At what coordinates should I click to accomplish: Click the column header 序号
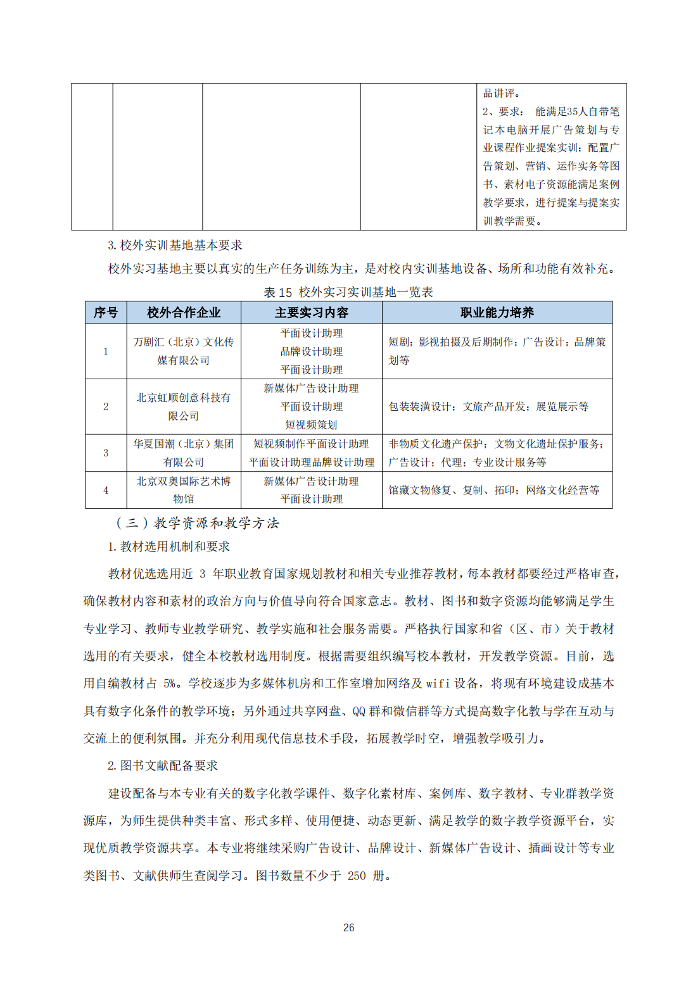click(106, 313)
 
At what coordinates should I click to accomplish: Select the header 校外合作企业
click(184, 313)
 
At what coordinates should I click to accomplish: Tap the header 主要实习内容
click(311, 313)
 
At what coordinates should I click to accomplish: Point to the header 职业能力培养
click(497, 313)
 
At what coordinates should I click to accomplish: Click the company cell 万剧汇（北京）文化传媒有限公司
click(184, 351)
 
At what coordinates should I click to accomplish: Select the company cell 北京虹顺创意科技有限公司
click(184, 406)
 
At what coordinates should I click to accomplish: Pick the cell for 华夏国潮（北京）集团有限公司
click(184, 453)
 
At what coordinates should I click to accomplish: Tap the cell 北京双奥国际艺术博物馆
click(184, 490)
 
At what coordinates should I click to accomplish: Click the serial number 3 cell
click(106, 453)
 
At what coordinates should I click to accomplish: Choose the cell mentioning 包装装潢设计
click(488, 406)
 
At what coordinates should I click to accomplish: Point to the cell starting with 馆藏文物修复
click(493, 490)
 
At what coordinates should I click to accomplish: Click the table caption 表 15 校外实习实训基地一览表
click(348, 292)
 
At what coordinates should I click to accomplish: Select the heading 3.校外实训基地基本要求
click(175, 246)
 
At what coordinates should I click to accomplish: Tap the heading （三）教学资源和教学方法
click(197, 524)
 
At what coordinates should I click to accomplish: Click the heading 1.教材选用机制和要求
click(168, 547)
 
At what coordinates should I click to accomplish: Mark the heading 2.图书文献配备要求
click(163, 766)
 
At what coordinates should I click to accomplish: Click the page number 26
click(348, 928)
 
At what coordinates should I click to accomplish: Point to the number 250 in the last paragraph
click(357, 876)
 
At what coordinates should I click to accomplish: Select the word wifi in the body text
click(438, 684)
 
